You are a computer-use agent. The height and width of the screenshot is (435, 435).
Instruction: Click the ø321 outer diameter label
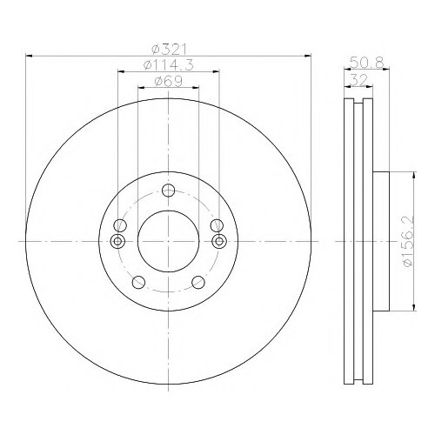(x=169, y=50)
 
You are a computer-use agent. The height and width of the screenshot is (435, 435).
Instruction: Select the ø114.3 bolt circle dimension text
(x=169, y=65)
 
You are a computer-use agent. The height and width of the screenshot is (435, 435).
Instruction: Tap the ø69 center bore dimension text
(x=169, y=82)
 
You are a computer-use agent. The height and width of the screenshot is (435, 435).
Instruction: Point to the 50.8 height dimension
(x=367, y=63)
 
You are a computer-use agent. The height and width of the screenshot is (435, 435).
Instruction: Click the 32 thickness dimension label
(x=358, y=80)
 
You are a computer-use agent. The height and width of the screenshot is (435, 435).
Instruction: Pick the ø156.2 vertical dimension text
(x=408, y=242)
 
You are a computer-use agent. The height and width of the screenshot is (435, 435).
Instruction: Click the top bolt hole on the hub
(x=168, y=191)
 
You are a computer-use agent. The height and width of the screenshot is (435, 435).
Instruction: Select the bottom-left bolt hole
(x=138, y=282)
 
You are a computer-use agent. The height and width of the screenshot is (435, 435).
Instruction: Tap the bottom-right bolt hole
(x=198, y=282)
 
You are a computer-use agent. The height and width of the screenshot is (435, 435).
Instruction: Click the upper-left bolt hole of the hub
(x=120, y=225)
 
